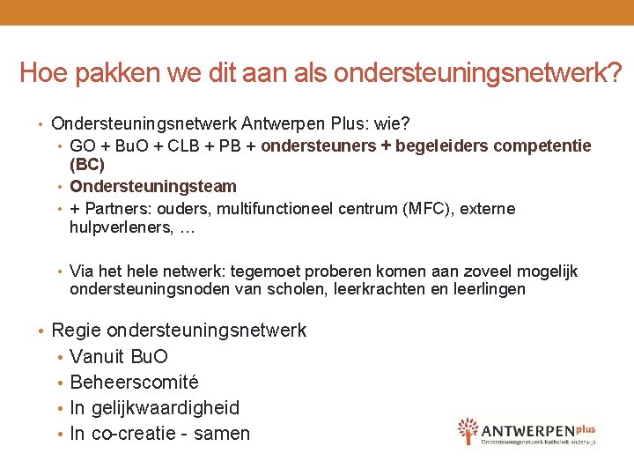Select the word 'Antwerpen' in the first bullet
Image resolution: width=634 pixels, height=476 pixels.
pos(280,123)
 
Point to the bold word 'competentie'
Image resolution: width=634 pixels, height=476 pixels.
pos(547,145)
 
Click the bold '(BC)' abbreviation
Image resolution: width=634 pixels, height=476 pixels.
pos(87,164)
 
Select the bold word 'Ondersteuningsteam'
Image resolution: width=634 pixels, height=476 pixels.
pos(153,187)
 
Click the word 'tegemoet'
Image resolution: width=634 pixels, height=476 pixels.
pos(270,271)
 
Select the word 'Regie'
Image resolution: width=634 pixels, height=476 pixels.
pos(77,331)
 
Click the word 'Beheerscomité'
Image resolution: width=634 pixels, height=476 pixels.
pos(134,383)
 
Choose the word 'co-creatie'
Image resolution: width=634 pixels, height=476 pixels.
pos(134,434)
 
